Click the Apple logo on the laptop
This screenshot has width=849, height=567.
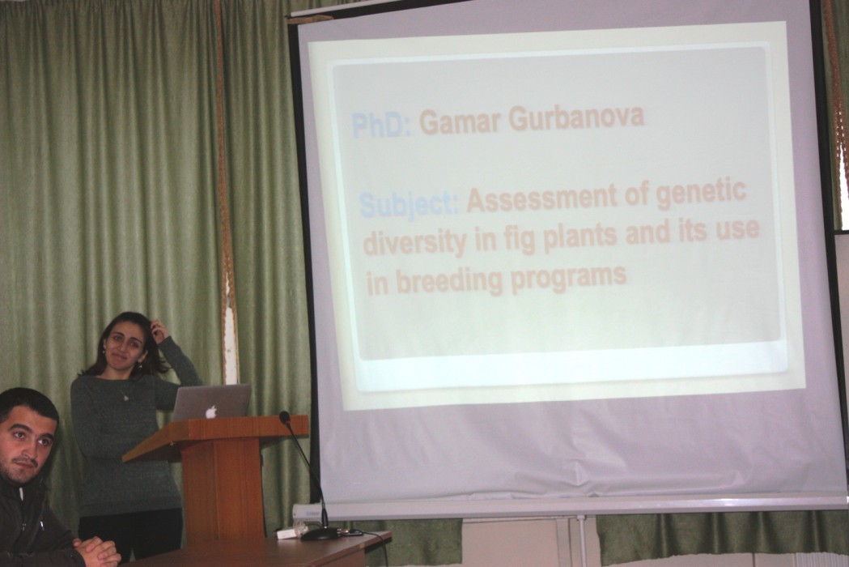point(211,411)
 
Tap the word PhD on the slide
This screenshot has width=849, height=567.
point(381,126)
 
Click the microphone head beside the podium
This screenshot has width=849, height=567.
point(285,417)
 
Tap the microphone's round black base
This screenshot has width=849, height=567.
point(321,534)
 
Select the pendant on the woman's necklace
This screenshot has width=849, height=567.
point(126,398)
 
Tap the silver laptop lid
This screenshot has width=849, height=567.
point(211,403)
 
